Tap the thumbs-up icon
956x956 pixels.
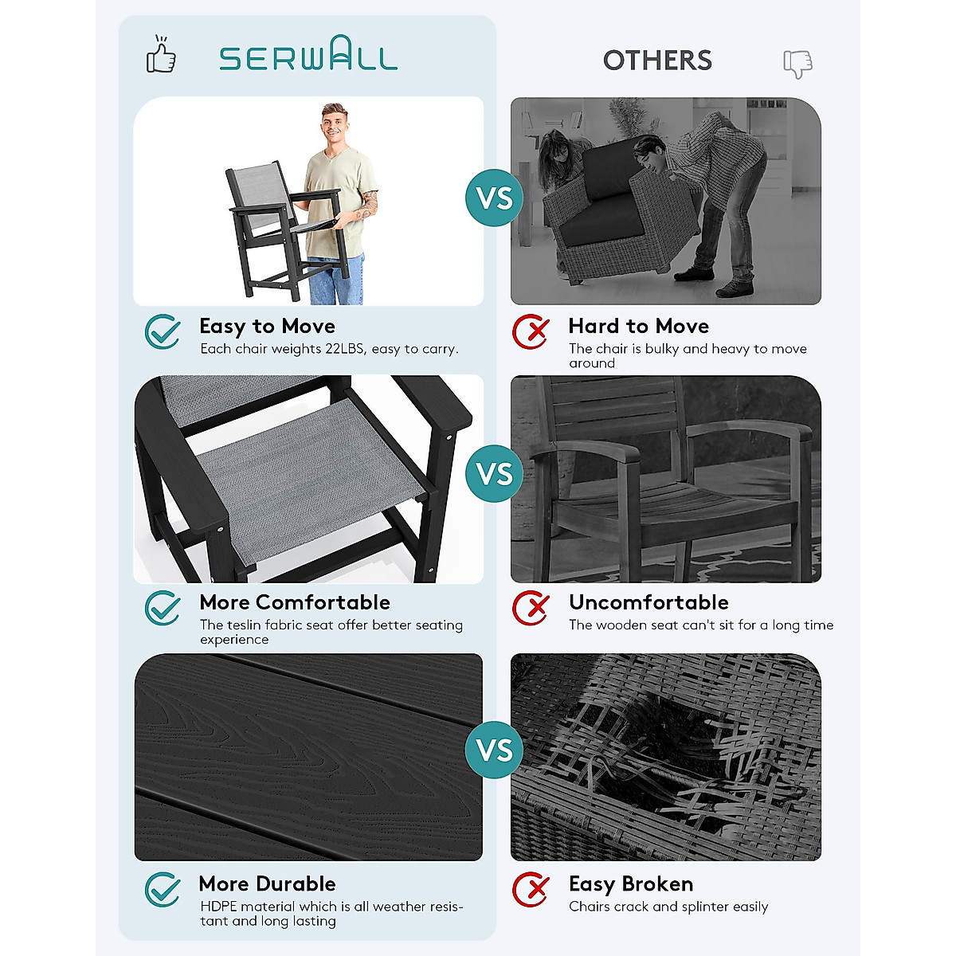[161, 56]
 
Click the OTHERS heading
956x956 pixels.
[657, 61]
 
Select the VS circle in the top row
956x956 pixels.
[495, 198]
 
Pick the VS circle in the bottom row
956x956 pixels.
[495, 750]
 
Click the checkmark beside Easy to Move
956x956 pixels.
[163, 331]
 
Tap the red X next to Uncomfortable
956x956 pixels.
[531, 609]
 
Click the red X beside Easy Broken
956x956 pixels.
[531, 890]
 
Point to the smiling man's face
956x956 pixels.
[335, 123]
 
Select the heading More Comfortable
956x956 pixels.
[295, 602]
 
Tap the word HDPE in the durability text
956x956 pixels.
[218, 907]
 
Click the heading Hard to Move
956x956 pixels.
[638, 326]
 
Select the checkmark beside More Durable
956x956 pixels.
[163, 890]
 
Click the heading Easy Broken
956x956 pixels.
[630, 884]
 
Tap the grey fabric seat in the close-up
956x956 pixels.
[311, 478]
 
